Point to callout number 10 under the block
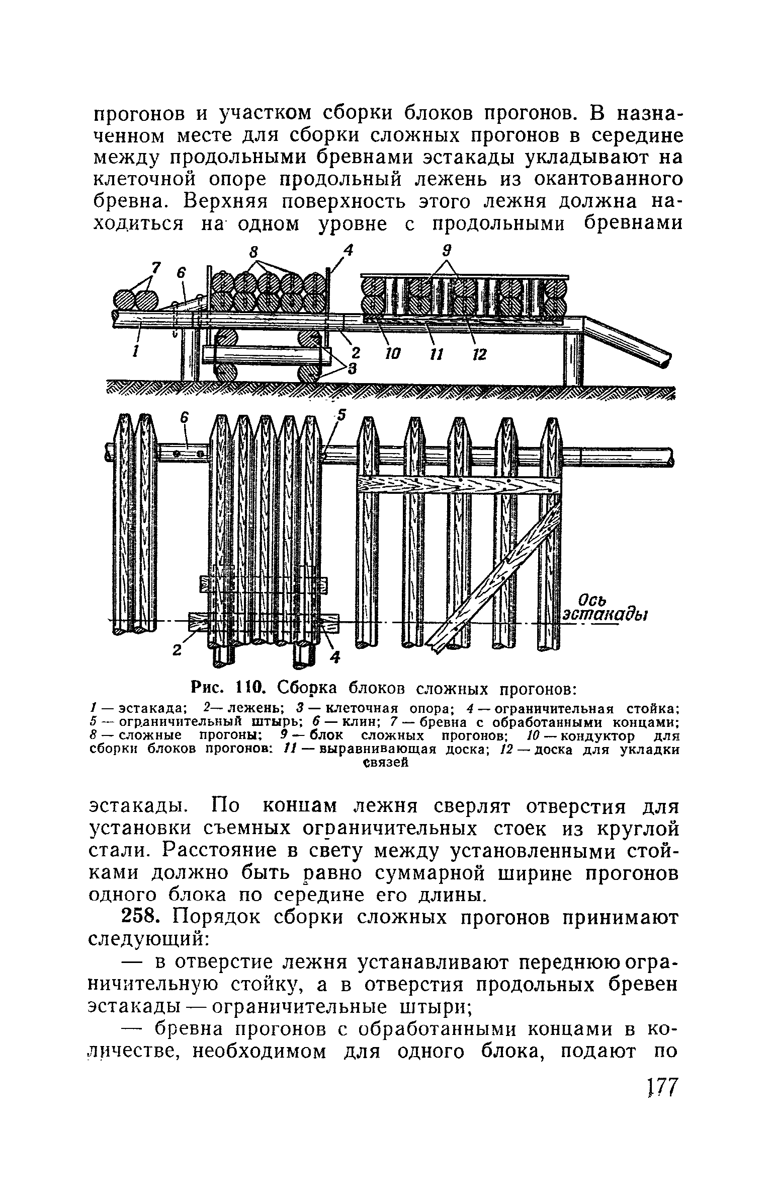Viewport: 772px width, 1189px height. (391, 354)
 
